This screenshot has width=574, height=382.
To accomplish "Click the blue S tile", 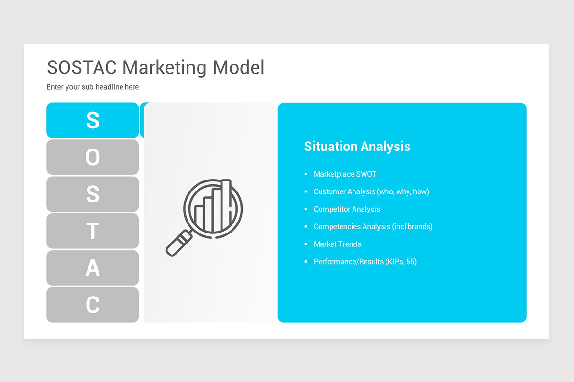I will (x=92, y=120).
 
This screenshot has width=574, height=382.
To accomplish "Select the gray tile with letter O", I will (x=92, y=157).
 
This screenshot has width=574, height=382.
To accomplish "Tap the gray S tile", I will (x=92, y=194).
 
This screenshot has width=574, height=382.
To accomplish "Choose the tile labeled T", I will (x=92, y=231).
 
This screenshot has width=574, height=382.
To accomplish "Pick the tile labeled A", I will (x=92, y=267).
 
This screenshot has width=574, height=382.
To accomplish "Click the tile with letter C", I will (x=92, y=305).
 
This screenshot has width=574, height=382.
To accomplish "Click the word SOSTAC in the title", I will (x=82, y=67).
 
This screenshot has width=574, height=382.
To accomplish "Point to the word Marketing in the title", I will (x=165, y=67).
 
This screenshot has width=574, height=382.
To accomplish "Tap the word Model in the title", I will (x=238, y=67).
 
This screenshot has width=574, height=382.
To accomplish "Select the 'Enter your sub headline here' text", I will (x=93, y=87).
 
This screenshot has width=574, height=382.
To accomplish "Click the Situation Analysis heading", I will (x=357, y=146).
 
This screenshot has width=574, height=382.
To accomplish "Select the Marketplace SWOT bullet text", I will (x=345, y=174).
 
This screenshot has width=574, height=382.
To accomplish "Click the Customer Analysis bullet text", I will (x=371, y=191).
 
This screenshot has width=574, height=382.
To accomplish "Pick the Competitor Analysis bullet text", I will (x=347, y=209).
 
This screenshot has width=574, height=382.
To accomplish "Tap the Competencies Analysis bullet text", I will (x=373, y=226).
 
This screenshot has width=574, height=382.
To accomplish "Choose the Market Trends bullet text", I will (x=337, y=244).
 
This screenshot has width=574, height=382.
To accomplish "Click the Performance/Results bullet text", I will (x=365, y=262).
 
